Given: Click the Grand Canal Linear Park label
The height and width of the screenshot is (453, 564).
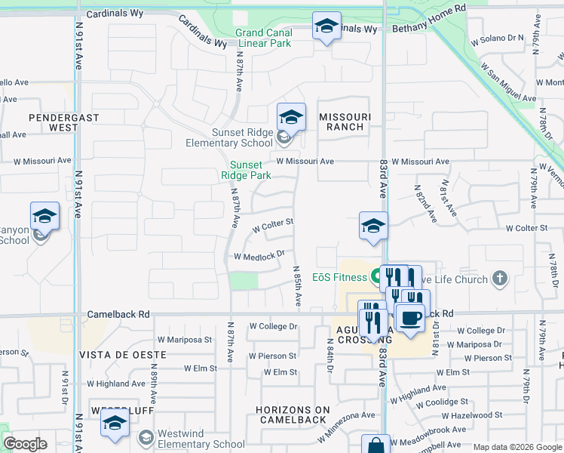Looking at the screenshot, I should click(263, 38).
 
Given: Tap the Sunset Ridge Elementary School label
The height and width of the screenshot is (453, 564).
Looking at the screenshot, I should click(241, 137).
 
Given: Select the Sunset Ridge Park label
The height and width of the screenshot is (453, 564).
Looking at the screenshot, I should click(246, 170).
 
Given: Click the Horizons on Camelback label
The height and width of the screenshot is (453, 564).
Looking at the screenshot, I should click(293, 415).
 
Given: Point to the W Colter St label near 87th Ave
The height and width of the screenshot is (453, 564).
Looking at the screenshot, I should click(272, 225).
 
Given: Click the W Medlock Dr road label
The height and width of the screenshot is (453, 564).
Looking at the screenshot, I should click(259, 255).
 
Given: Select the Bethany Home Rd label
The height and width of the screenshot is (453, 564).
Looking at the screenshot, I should click(430, 28).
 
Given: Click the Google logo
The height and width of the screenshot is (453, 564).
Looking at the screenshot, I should click(25, 444).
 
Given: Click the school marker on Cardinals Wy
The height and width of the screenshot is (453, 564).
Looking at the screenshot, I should click(326, 27).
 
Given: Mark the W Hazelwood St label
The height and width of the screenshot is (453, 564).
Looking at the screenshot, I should click(472, 415).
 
